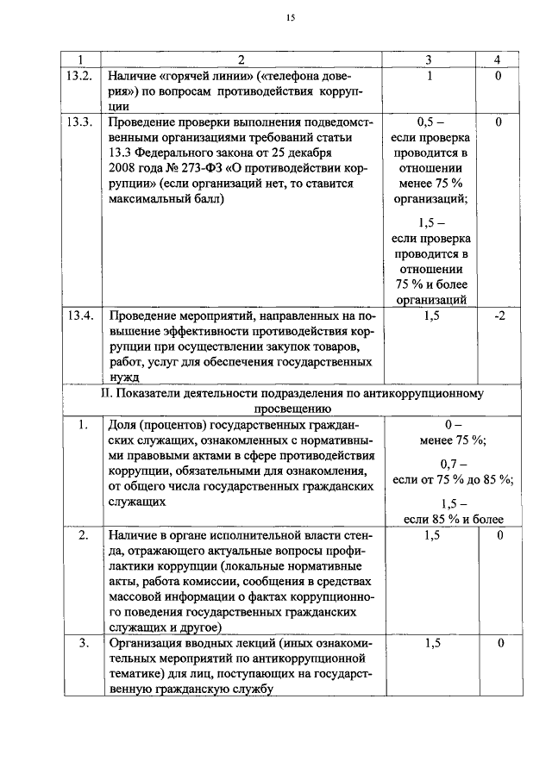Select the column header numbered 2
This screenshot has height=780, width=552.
tap(241, 60)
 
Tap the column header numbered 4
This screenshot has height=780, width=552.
tap(497, 60)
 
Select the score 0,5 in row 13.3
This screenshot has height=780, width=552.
tap(430, 122)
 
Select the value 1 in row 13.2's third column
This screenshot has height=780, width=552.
tap(430, 76)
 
